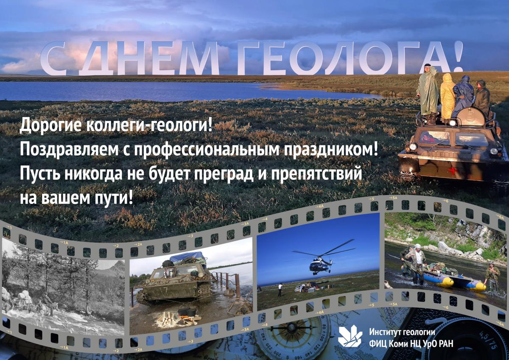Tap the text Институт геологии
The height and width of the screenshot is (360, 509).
(x=402, y=332)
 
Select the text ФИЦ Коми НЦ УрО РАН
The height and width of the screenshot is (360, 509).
(x=411, y=343)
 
